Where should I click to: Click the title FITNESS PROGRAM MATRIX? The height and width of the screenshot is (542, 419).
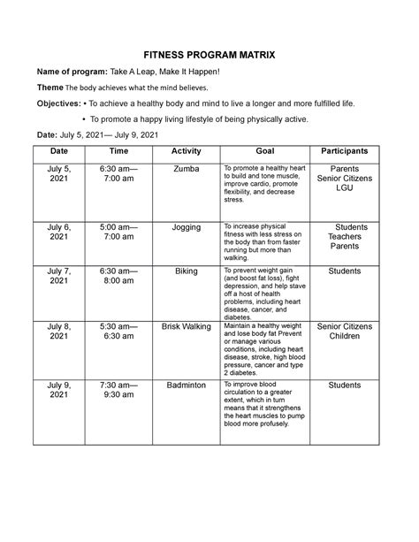click(x=209, y=55)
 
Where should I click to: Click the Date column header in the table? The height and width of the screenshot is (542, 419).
click(x=58, y=151)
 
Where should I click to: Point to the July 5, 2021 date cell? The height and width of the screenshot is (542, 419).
click(x=58, y=173)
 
